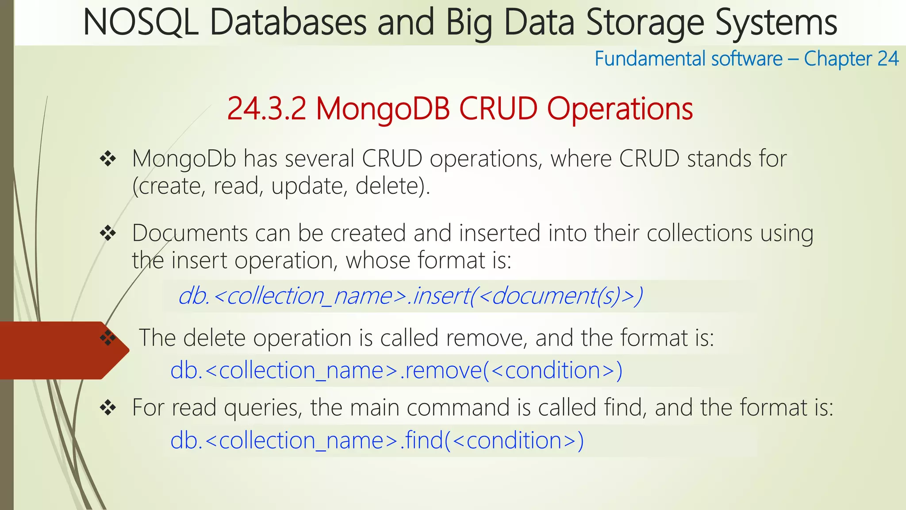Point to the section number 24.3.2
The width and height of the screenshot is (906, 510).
[x=266, y=108]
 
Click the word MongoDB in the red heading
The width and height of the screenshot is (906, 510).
[x=383, y=108]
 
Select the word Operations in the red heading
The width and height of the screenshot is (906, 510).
[x=620, y=108]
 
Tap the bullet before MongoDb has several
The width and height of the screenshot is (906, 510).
[x=108, y=158]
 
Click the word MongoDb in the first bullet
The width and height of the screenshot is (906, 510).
[x=184, y=158]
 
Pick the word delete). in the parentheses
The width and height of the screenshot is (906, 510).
[x=393, y=186]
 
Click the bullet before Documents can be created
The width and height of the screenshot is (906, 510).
[x=108, y=233]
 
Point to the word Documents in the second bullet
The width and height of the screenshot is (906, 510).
[x=190, y=233]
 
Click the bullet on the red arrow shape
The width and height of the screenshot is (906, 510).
[x=108, y=338]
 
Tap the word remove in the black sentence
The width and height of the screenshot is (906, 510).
[x=486, y=338]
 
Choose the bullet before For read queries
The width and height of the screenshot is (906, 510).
[x=108, y=407]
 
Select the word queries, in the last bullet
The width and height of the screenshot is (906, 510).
[x=263, y=407]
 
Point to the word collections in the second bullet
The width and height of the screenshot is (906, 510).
[x=699, y=233]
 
